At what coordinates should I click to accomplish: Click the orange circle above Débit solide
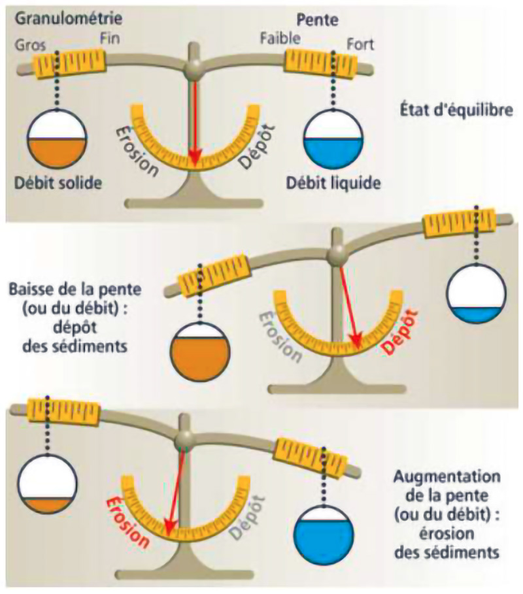(56, 140)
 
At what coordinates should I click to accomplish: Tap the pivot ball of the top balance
(193, 68)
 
